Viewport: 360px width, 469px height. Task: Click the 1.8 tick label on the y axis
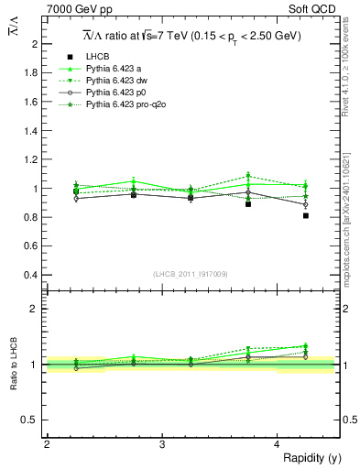tap(31, 73)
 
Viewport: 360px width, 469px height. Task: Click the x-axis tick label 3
tap(162, 444)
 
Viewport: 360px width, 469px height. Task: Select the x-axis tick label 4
tap(278, 444)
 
